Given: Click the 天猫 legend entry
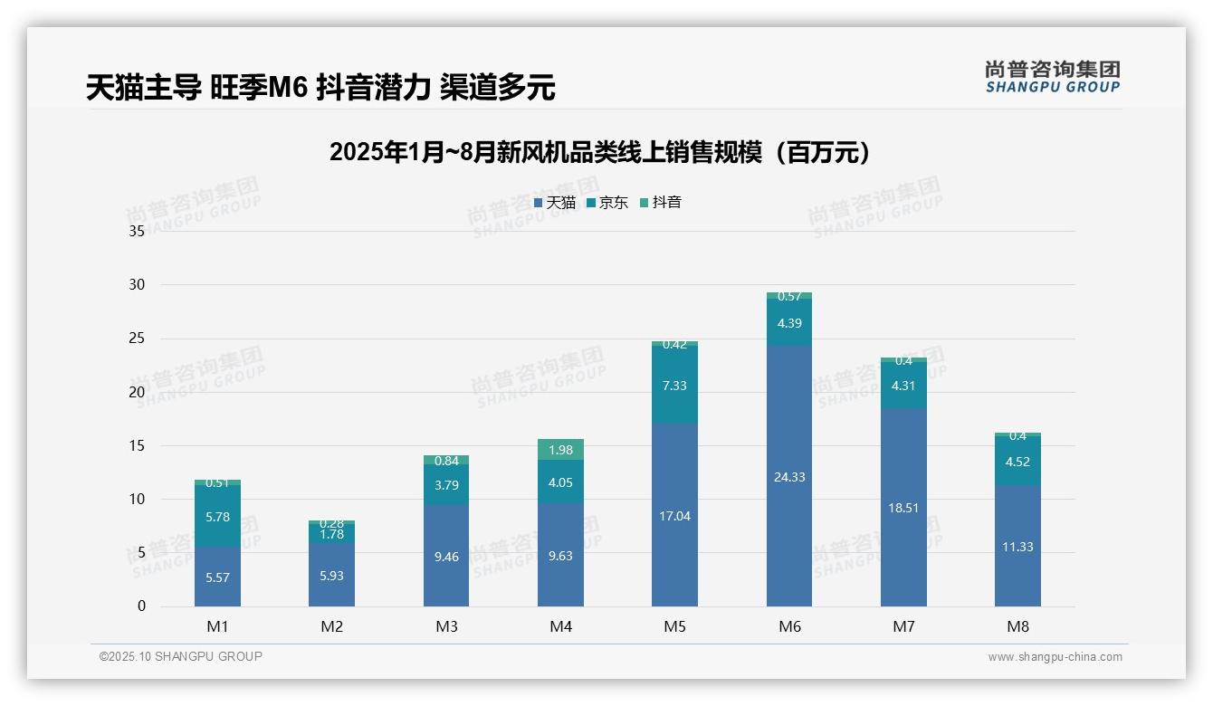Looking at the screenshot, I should (555, 203).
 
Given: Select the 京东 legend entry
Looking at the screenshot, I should (607, 203).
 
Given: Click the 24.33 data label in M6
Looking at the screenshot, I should (789, 477).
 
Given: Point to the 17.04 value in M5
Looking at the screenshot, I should (674, 516).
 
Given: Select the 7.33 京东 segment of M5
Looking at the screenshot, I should (674, 386).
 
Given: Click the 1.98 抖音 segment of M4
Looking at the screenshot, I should (560, 450).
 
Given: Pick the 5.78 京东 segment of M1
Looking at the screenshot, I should (217, 517).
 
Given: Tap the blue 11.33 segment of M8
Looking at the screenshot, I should (1017, 546).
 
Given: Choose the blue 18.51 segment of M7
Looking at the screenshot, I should (903, 508).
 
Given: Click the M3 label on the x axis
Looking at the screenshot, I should (446, 626).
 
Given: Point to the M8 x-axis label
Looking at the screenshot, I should (1017, 626).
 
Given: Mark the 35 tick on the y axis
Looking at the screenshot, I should (137, 231).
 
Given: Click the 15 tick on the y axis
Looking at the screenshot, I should (137, 445).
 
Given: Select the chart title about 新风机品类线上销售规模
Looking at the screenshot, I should (602, 152).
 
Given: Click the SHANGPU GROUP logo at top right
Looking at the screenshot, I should (1052, 77).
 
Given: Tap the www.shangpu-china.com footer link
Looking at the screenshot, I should (1055, 657).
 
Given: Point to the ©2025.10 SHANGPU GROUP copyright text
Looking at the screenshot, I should (181, 656).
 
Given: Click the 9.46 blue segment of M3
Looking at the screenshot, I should (446, 557).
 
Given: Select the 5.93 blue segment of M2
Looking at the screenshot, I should (331, 576).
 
